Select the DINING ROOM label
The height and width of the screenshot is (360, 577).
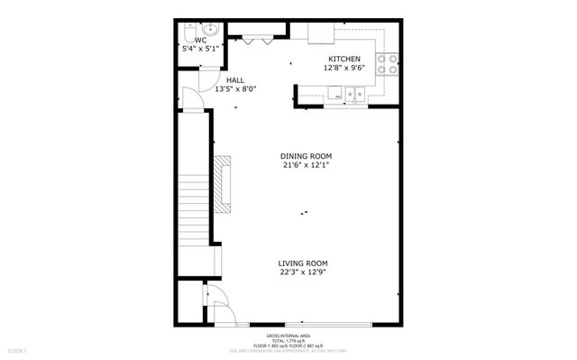(x=306, y=156)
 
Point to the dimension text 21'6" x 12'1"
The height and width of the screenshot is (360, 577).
(x=306, y=165)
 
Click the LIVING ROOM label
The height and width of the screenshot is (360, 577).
(x=302, y=263)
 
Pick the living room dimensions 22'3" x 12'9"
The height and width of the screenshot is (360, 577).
(x=302, y=272)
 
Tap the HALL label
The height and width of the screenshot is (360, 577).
(x=234, y=79)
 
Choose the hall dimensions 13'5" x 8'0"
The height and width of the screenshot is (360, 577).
(x=234, y=88)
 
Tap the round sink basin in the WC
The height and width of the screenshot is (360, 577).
(x=209, y=26)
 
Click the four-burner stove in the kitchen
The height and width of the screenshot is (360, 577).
(x=388, y=64)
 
